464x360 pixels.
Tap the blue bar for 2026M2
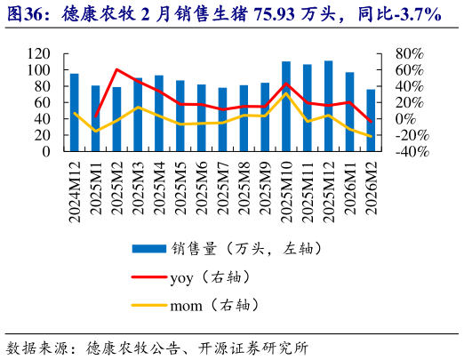tap(371, 120)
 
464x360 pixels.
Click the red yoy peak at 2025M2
tap(116, 69)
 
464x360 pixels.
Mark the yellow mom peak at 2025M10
tap(286, 94)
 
